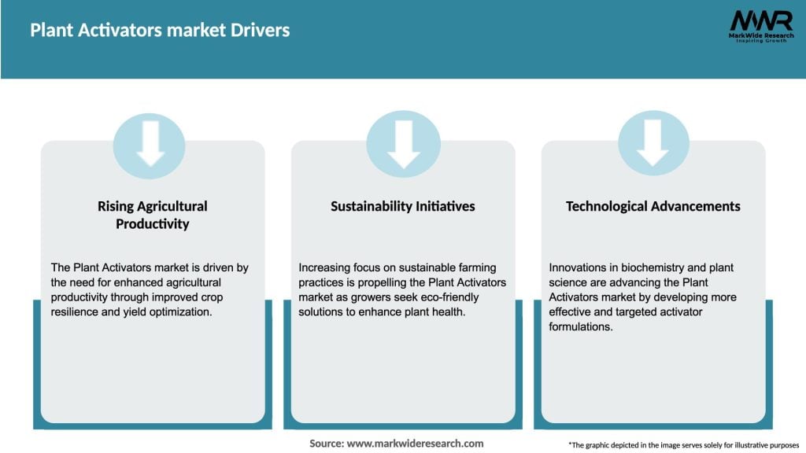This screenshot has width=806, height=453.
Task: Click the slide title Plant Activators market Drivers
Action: [160, 31]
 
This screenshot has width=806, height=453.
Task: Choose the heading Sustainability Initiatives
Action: [402, 206]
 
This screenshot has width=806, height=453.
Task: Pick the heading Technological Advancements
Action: [653, 206]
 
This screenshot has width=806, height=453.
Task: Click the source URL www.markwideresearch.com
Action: [415, 444]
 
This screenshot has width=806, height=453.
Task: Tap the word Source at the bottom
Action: [326, 444]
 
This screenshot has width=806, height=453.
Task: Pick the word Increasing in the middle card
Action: [327, 268]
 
